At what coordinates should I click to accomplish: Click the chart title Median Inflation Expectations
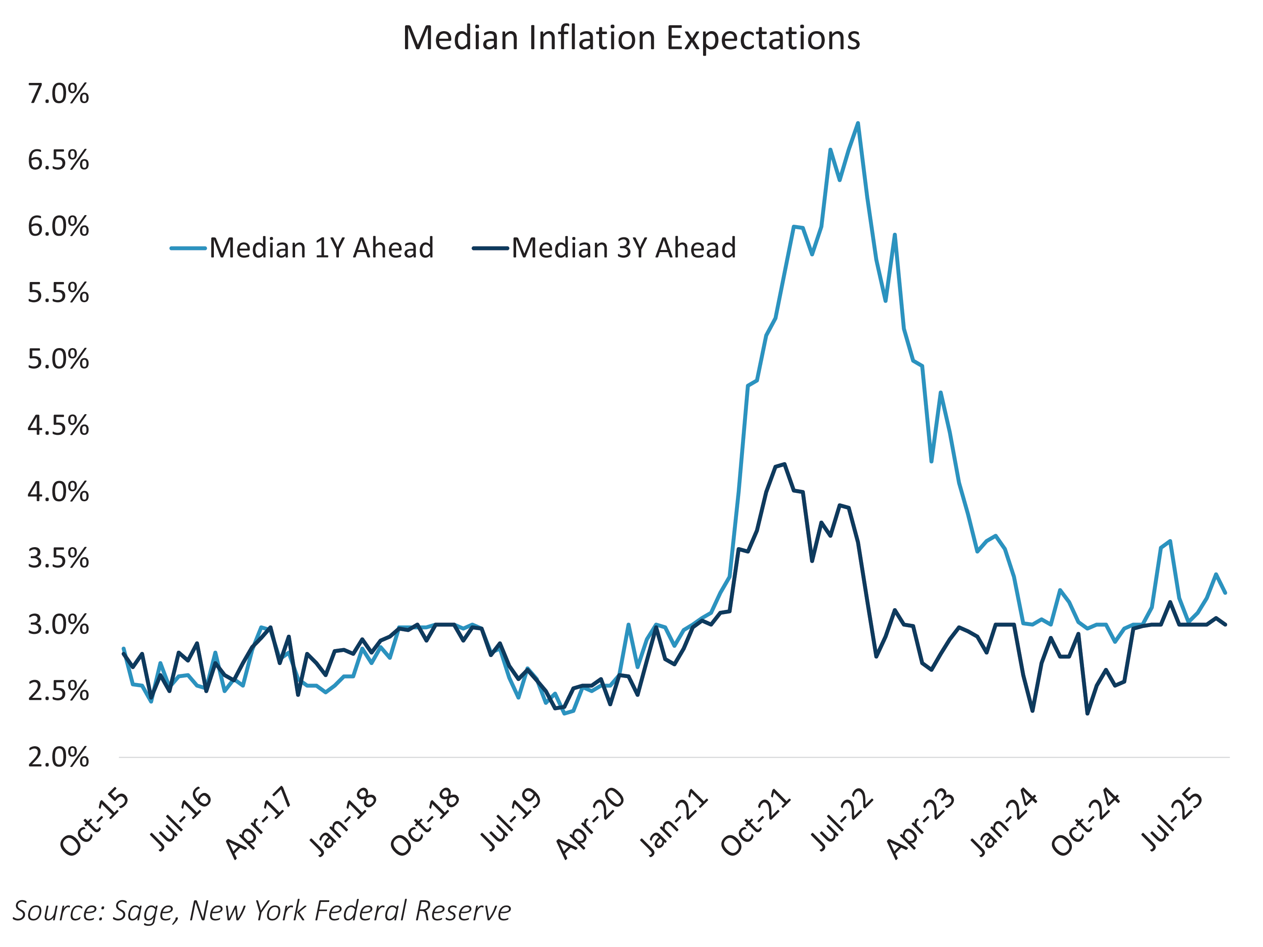coord(631,38)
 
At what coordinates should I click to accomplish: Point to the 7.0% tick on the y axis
coord(58,93)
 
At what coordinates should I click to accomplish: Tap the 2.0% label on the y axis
coord(58,758)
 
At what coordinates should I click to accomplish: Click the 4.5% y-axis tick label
coord(58,426)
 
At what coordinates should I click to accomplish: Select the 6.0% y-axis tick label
coord(58,226)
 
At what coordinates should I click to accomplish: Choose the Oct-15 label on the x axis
coord(95,822)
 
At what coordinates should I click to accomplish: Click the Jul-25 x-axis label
coord(1176,819)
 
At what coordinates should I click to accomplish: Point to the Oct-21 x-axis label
coord(756,822)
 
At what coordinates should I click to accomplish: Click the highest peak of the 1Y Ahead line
coord(858,123)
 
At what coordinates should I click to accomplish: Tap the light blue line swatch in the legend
coord(188,248)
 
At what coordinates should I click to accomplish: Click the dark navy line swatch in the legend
coord(490,248)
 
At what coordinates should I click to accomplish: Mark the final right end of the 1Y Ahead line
coord(1225,593)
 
